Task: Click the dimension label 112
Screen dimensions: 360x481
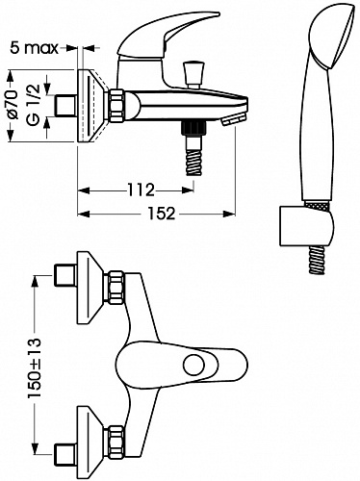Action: point(141,190)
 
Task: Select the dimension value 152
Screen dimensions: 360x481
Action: point(163,214)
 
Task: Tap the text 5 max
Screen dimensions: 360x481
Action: point(35,48)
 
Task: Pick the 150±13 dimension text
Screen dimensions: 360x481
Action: point(35,367)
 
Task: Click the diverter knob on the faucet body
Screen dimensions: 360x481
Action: point(193,75)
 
